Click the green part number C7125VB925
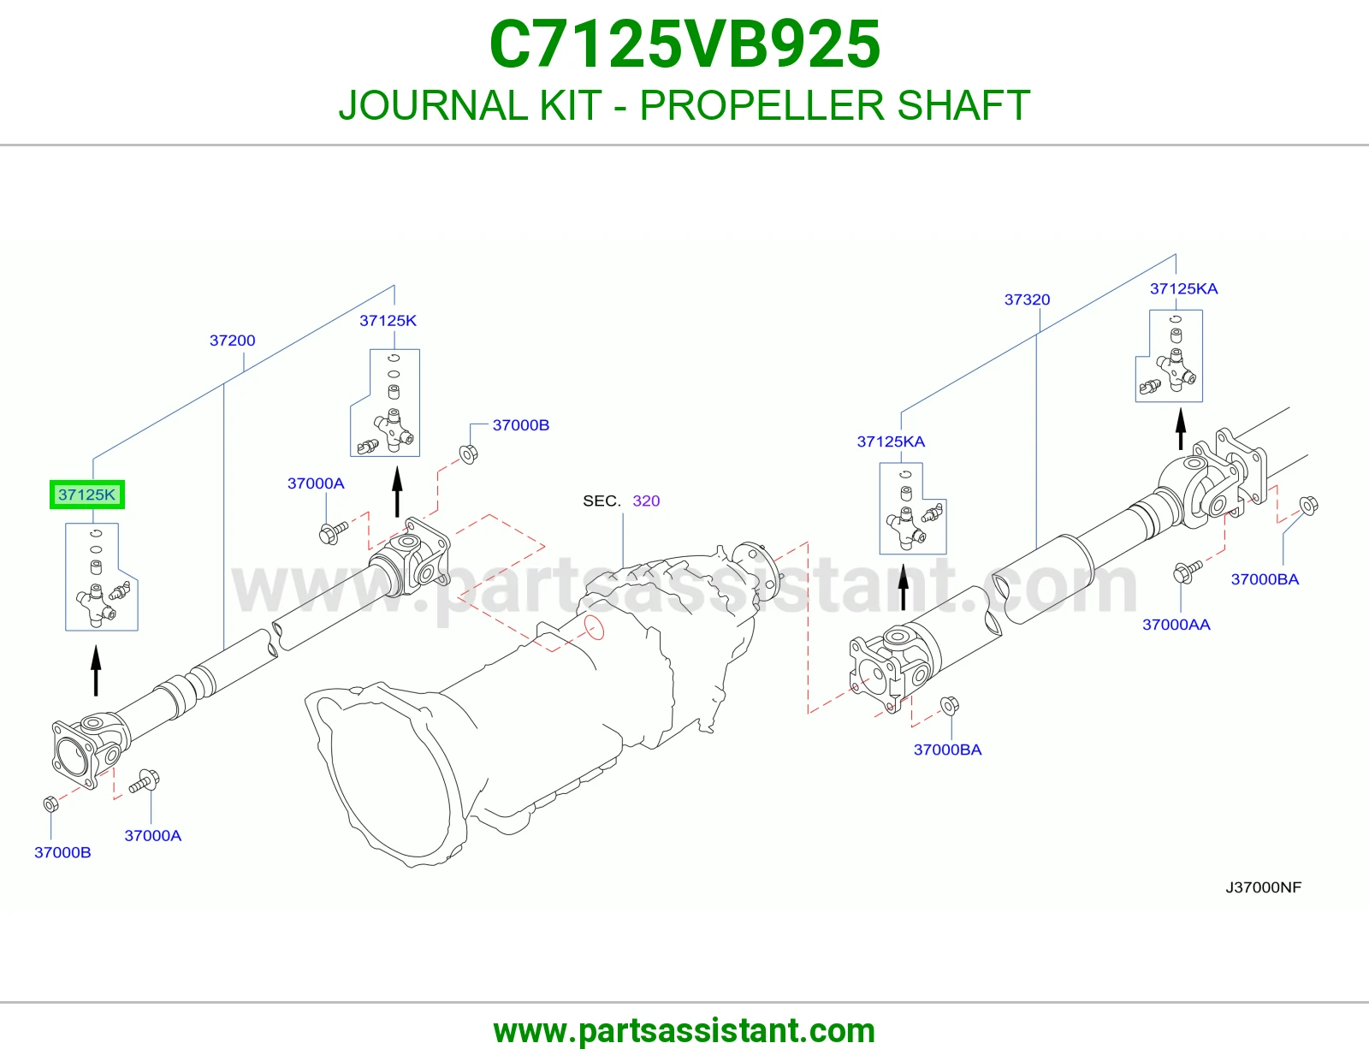[x=684, y=44]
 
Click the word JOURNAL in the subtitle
[x=433, y=105]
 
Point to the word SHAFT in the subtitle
[x=964, y=105]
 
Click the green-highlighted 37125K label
[x=87, y=495]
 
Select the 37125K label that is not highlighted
[x=388, y=321]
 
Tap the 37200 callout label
[x=233, y=341]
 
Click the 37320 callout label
[x=1027, y=299]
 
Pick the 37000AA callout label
[x=1176, y=625]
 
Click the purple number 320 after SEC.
[x=646, y=501]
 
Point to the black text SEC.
[x=602, y=501]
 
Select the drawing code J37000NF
[x=1263, y=888]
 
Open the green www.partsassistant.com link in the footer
[x=684, y=1031]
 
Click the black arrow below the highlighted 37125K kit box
[x=96, y=670]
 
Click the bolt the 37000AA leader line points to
[x=1186, y=572]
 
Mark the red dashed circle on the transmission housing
[x=594, y=627]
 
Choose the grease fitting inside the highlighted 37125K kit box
[x=121, y=591]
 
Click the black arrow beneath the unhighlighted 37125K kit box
[x=397, y=492]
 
